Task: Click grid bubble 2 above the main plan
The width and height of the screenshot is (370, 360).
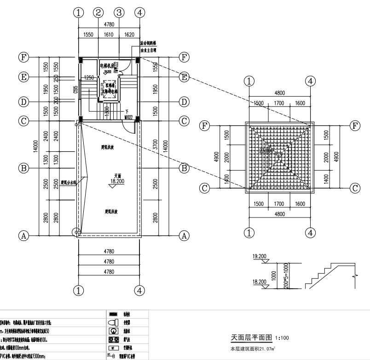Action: [x=98, y=12]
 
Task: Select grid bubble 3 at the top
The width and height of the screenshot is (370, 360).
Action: [x=119, y=12]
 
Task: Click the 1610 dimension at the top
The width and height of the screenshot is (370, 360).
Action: [x=109, y=34]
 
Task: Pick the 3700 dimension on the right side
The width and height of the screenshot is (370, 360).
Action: [x=156, y=146]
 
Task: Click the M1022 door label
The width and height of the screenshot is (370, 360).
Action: [x=128, y=117]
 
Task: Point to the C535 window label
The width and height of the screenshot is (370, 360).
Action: [x=75, y=90]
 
